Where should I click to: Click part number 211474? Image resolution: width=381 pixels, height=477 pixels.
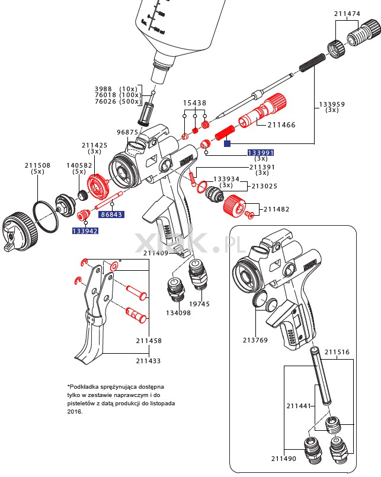click(x=347, y=12)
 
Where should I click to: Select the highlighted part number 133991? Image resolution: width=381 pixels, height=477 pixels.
click(x=261, y=152)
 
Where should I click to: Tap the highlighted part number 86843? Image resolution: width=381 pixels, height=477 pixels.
click(x=111, y=215)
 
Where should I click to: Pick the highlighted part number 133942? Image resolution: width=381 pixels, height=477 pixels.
click(x=85, y=231)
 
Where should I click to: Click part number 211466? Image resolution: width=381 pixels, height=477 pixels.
click(x=281, y=125)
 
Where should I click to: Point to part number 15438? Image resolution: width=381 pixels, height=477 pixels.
click(x=194, y=103)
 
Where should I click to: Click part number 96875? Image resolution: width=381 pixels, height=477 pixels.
click(x=127, y=132)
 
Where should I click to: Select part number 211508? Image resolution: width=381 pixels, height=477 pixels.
click(x=37, y=165)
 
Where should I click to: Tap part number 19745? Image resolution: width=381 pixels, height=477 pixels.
click(x=199, y=304)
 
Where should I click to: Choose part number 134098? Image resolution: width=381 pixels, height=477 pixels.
click(x=178, y=312)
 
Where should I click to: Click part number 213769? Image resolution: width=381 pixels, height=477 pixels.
click(x=255, y=340)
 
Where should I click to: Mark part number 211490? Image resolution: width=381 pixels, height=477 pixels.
click(x=284, y=459)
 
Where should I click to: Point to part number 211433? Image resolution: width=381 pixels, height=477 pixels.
click(x=148, y=360)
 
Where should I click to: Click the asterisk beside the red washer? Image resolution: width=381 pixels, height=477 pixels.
click(x=120, y=261)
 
